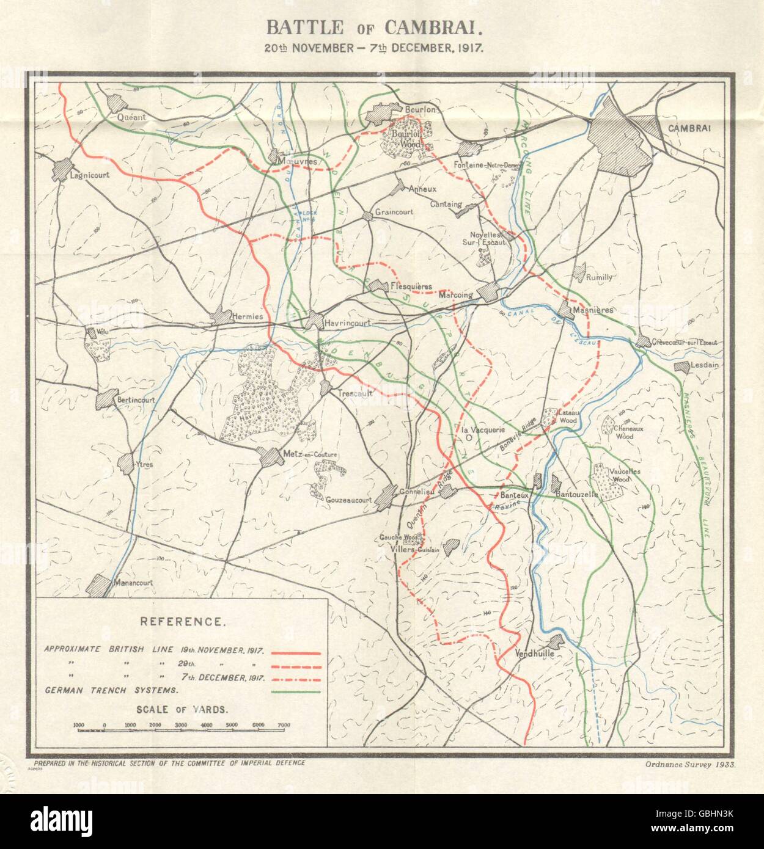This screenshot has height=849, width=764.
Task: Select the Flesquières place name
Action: click(x=411, y=286)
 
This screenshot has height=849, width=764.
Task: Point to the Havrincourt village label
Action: click(x=344, y=318)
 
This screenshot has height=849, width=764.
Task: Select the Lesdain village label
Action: click(x=705, y=365)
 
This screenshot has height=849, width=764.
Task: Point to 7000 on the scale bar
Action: click(x=283, y=725)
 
